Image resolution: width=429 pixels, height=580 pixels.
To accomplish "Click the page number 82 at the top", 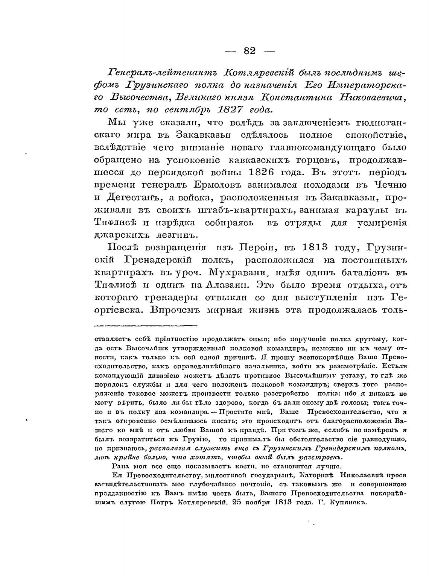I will (x=249, y=51).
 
